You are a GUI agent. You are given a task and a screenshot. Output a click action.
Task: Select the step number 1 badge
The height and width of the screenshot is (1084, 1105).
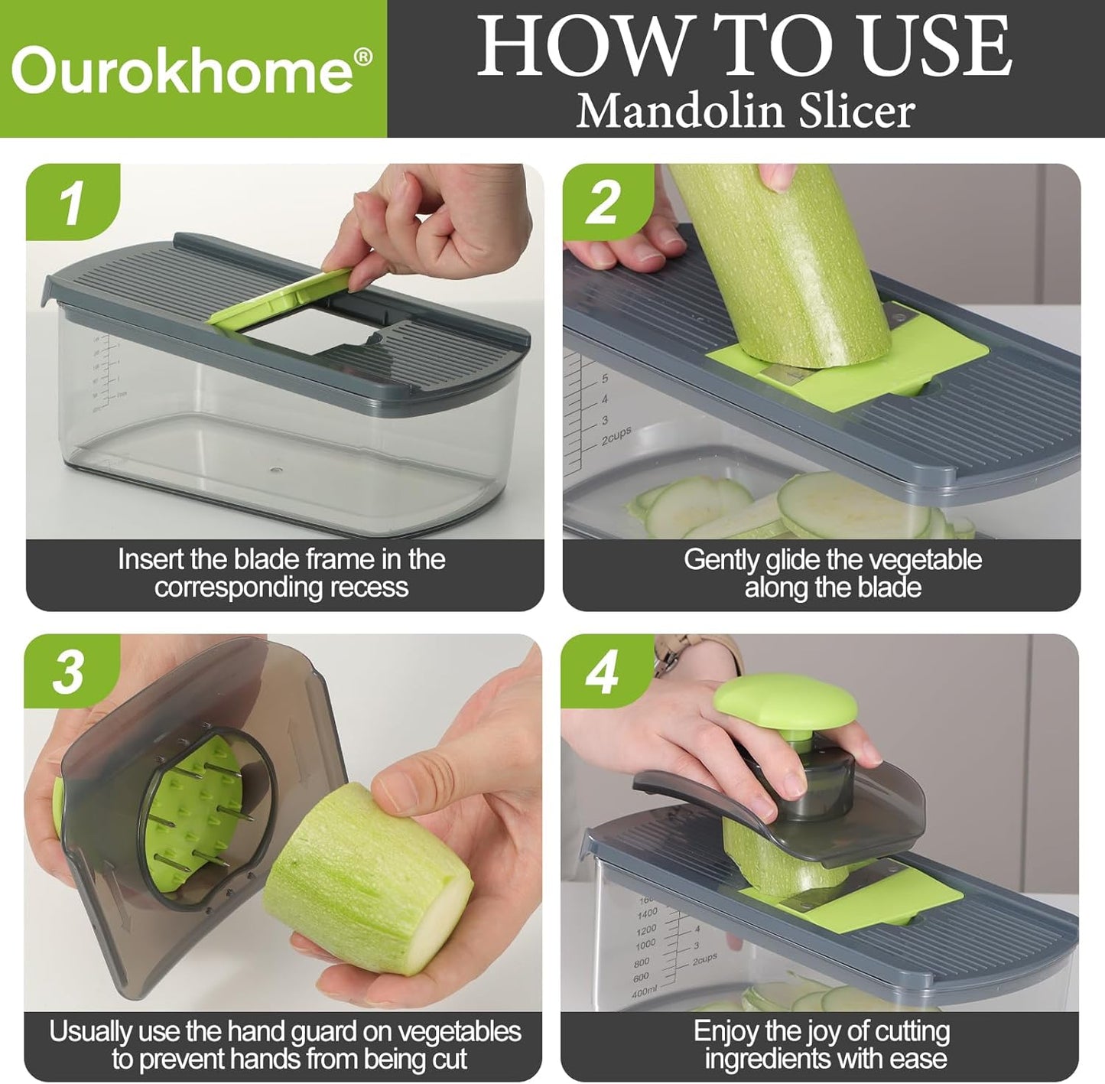(73, 202)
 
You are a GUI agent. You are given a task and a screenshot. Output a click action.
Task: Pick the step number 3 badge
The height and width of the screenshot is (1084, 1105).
(69, 672)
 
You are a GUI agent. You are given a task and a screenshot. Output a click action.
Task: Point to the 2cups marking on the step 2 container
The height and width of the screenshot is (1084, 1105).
(616, 435)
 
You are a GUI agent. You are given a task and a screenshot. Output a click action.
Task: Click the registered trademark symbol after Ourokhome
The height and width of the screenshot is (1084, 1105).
(363, 57)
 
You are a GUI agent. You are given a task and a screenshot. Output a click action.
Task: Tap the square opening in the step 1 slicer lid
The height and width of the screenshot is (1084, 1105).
(310, 330)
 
